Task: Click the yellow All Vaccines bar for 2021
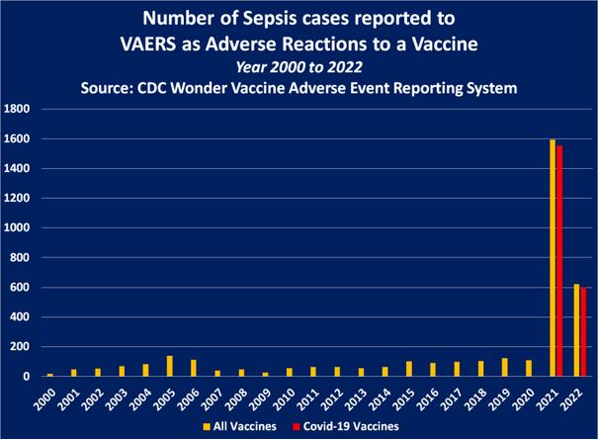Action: tap(553, 257)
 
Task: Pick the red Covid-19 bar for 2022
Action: tap(584, 332)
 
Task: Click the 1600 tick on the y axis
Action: tap(18, 138)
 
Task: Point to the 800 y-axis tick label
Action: tap(21, 257)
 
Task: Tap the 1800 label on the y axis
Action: tap(18, 109)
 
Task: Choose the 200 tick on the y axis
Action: tap(21, 346)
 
